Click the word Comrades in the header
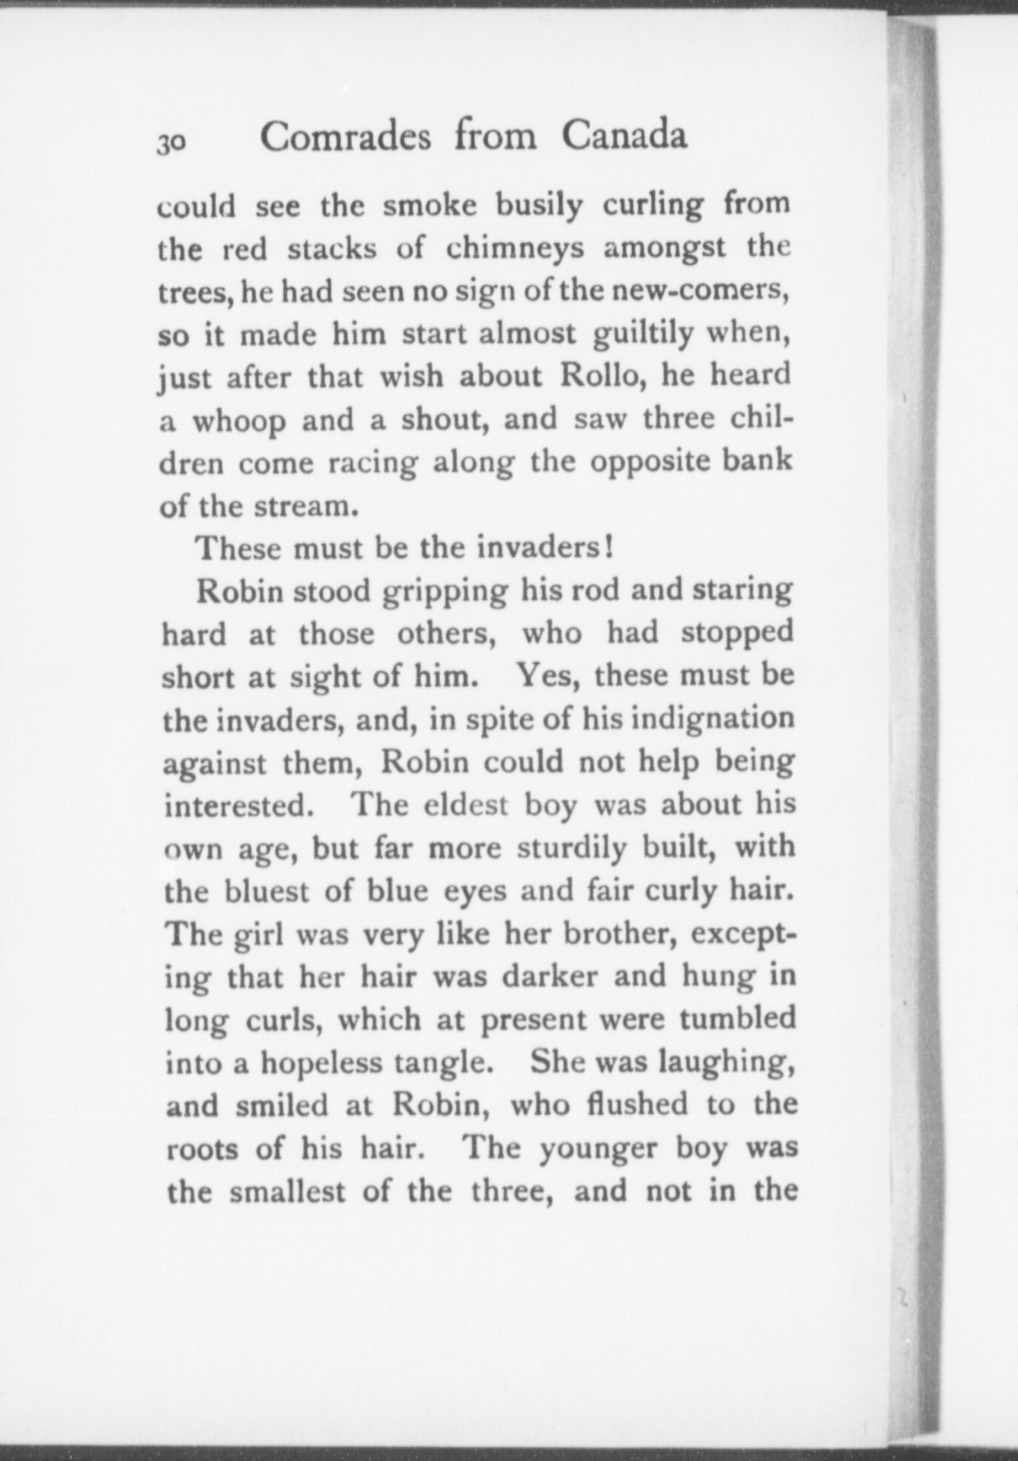point(345,137)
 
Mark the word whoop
point(240,421)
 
